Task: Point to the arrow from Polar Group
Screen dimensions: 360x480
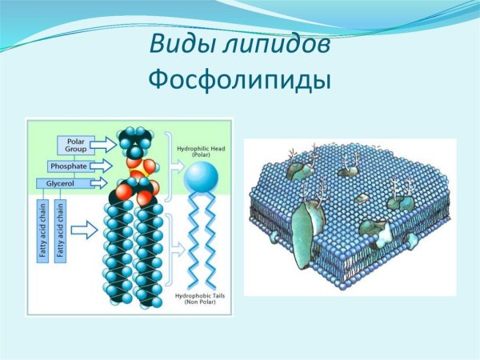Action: coord(103,145)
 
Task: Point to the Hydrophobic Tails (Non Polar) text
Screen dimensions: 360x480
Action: coord(200,299)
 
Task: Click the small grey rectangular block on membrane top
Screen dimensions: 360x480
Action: coord(362,198)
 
